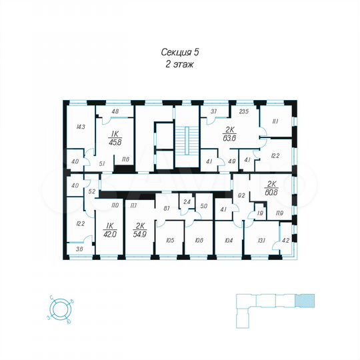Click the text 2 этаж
click(x=180, y=65)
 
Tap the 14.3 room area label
click(x=81, y=126)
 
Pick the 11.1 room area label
click(x=275, y=122)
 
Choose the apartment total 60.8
click(x=271, y=190)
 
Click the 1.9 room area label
click(x=259, y=213)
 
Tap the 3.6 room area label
click(x=80, y=249)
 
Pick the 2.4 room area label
click(x=188, y=201)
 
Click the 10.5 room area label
click(x=169, y=241)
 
